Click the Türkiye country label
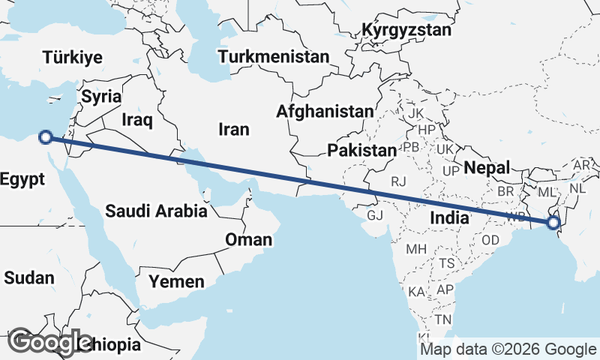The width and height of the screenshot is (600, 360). (x=73, y=58)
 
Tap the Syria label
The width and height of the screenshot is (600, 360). (x=101, y=96)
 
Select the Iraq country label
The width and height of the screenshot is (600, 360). (x=136, y=119)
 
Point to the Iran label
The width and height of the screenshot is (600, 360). (x=233, y=129)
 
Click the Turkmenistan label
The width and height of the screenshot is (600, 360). (x=274, y=56)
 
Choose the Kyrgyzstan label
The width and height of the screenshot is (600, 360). (x=406, y=31)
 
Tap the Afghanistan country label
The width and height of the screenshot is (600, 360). (x=325, y=111)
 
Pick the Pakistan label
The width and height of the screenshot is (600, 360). (x=362, y=150)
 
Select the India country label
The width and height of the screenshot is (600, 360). (x=450, y=217)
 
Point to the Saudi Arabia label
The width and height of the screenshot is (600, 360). (x=156, y=211)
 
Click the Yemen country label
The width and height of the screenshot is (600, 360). (x=176, y=281)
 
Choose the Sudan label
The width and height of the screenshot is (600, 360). (x=28, y=277)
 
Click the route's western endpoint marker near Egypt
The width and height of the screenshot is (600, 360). (x=46, y=137)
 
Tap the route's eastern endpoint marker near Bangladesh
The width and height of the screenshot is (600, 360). (x=553, y=223)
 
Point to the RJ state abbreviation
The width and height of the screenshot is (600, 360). (x=398, y=181)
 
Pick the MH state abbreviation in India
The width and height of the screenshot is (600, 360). (x=415, y=249)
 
